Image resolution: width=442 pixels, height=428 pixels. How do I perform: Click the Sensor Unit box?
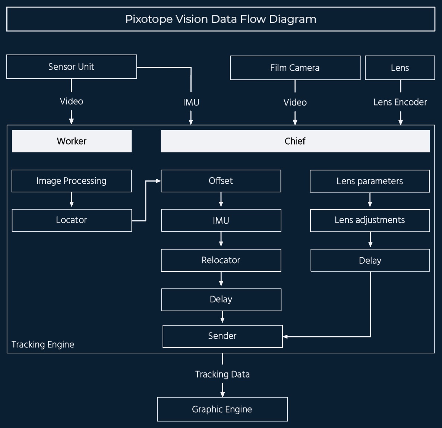(x=72, y=67)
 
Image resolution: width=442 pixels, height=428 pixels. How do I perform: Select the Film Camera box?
(x=295, y=68)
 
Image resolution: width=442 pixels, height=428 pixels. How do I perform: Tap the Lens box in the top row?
(x=400, y=68)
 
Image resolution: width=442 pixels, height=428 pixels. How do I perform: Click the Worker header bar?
(x=72, y=141)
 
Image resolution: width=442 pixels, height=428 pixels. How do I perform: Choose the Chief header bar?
(x=295, y=141)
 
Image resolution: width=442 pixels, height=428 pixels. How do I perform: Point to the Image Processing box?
(x=72, y=181)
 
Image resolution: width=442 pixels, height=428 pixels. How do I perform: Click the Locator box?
(x=72, y=220)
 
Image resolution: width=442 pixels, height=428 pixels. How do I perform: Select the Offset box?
(x=221, y=181)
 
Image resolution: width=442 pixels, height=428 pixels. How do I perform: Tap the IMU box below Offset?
(x=221, y=220)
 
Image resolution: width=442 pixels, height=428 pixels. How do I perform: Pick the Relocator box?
(x=221, y=260)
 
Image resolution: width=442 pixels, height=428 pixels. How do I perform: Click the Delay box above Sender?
(x=221, y=299)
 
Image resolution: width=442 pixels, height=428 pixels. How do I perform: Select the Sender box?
(x=222, y=336)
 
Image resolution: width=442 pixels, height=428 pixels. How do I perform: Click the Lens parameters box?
(x=370, y=181)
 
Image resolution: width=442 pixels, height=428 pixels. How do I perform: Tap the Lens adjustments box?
(x=370, y=220)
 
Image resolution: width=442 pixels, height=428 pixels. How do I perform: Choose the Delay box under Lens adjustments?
(x=370, y=260)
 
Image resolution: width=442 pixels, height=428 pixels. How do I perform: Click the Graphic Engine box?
(x=222, y=409)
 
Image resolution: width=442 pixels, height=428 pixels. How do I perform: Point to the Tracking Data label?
(x=222, y=374)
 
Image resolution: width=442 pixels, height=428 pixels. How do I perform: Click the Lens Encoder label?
(x=400, y=102)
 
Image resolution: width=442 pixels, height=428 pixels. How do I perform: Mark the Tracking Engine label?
(x=43, y=344)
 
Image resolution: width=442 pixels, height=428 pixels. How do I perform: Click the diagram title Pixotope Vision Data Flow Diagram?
(x=221, y=19)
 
